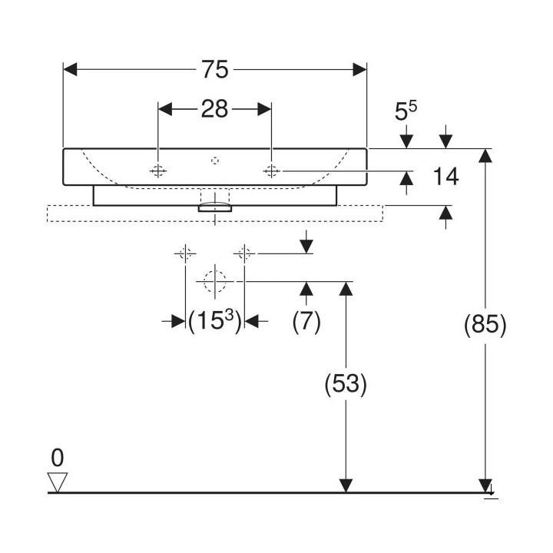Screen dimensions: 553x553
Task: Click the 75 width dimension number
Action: pyautogui.click(x=216, y=70)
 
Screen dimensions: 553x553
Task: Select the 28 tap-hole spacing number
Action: pyautogui.click(x=215, y=110)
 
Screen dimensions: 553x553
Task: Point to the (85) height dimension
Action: pyautogui.click(x=485, y=326)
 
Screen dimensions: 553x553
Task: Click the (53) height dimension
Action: pyautogui.click(x=346, y=384)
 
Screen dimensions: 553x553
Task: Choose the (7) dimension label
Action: pyautogui.click(x=306, y=322)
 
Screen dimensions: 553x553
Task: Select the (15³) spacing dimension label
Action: pyautogui.click(x=215, y=322)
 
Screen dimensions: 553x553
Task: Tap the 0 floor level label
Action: pyautogui.click(x=57, y=459)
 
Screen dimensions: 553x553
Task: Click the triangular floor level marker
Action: pyautogui.click(x=58, y=482)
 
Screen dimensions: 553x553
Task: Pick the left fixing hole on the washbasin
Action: pyautogui.click(x=158, y=170)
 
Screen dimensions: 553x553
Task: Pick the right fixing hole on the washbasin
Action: pyautogui.click(x=271, y=170)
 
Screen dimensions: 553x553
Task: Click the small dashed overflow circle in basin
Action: pyautogui.click(x=215, y=161)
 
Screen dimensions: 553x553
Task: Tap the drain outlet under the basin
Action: pyautogui.click(x=215, y=207)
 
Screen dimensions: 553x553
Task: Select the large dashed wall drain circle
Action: pyautogui.click(x=215, y=282)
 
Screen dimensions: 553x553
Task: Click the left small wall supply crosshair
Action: pyautogui.click(x=185, y=253)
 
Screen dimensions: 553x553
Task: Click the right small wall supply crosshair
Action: pyautogui.click(x=244, y=253)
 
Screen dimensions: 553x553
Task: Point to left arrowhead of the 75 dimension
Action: pyautogui.click(x=69, y=70)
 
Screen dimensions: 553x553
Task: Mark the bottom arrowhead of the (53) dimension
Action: pyautogui.click(x=346, y=485)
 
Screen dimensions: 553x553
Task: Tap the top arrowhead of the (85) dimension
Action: pyautogui.click(x=485, y=155)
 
